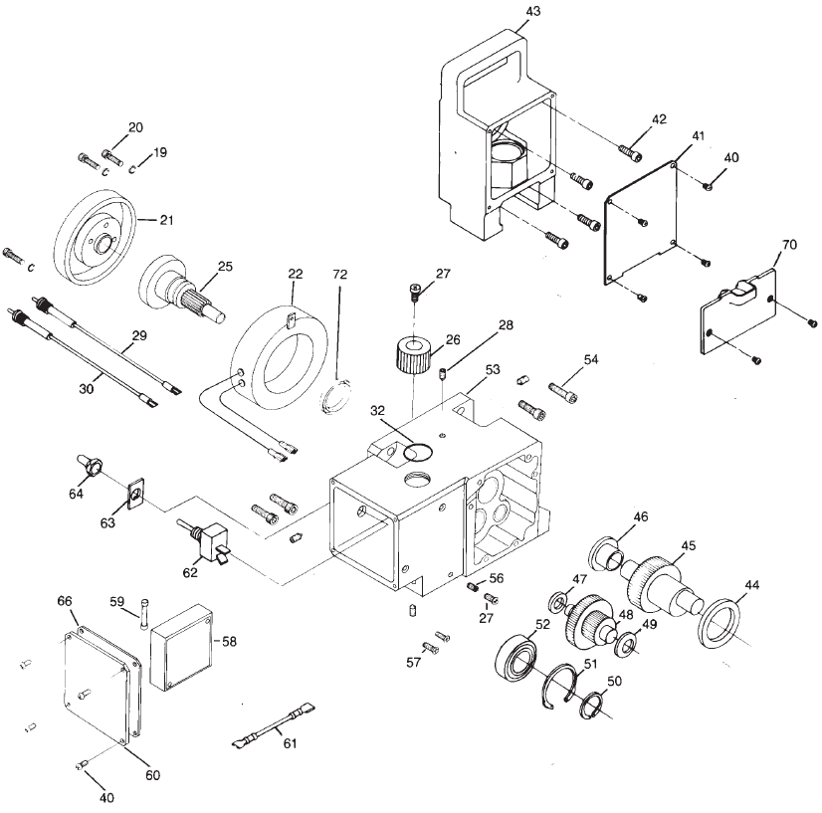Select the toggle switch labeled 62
tap(208, 543)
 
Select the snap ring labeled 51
tap(561, 688)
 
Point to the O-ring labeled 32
tap(418, 453)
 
